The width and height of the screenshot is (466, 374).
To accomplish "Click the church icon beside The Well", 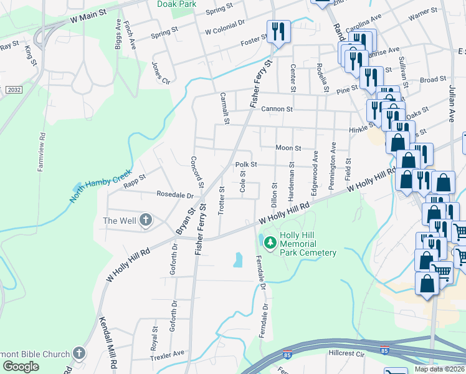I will [146, 220].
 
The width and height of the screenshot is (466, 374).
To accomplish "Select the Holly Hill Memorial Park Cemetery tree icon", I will [270, 242].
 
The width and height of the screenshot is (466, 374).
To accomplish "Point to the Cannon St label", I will [277, 109].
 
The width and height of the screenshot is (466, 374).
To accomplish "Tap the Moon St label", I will [288, 148].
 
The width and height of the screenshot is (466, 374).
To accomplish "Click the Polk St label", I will [246, 165].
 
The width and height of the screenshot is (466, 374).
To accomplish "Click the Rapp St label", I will [134, 178].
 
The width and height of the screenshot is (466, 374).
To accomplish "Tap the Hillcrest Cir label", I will [346, 353].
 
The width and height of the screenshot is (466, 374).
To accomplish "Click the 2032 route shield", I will [13, 90].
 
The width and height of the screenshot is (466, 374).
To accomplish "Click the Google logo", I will [21, 367].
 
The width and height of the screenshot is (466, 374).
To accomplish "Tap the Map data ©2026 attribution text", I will [439, 369].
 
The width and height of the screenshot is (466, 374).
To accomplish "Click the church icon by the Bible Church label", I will [78, 353].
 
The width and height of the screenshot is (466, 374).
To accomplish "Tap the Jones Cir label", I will [161, 72].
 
